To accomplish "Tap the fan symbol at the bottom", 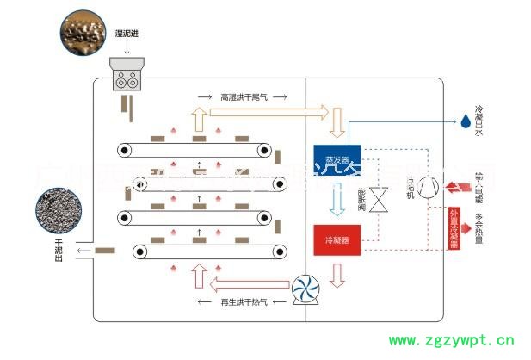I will pos(303,289).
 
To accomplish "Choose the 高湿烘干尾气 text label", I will pos(244,96).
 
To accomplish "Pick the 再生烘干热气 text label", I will pos(244,302).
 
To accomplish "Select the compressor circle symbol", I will pos(429,185).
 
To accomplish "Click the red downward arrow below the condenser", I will pos(337,275).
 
